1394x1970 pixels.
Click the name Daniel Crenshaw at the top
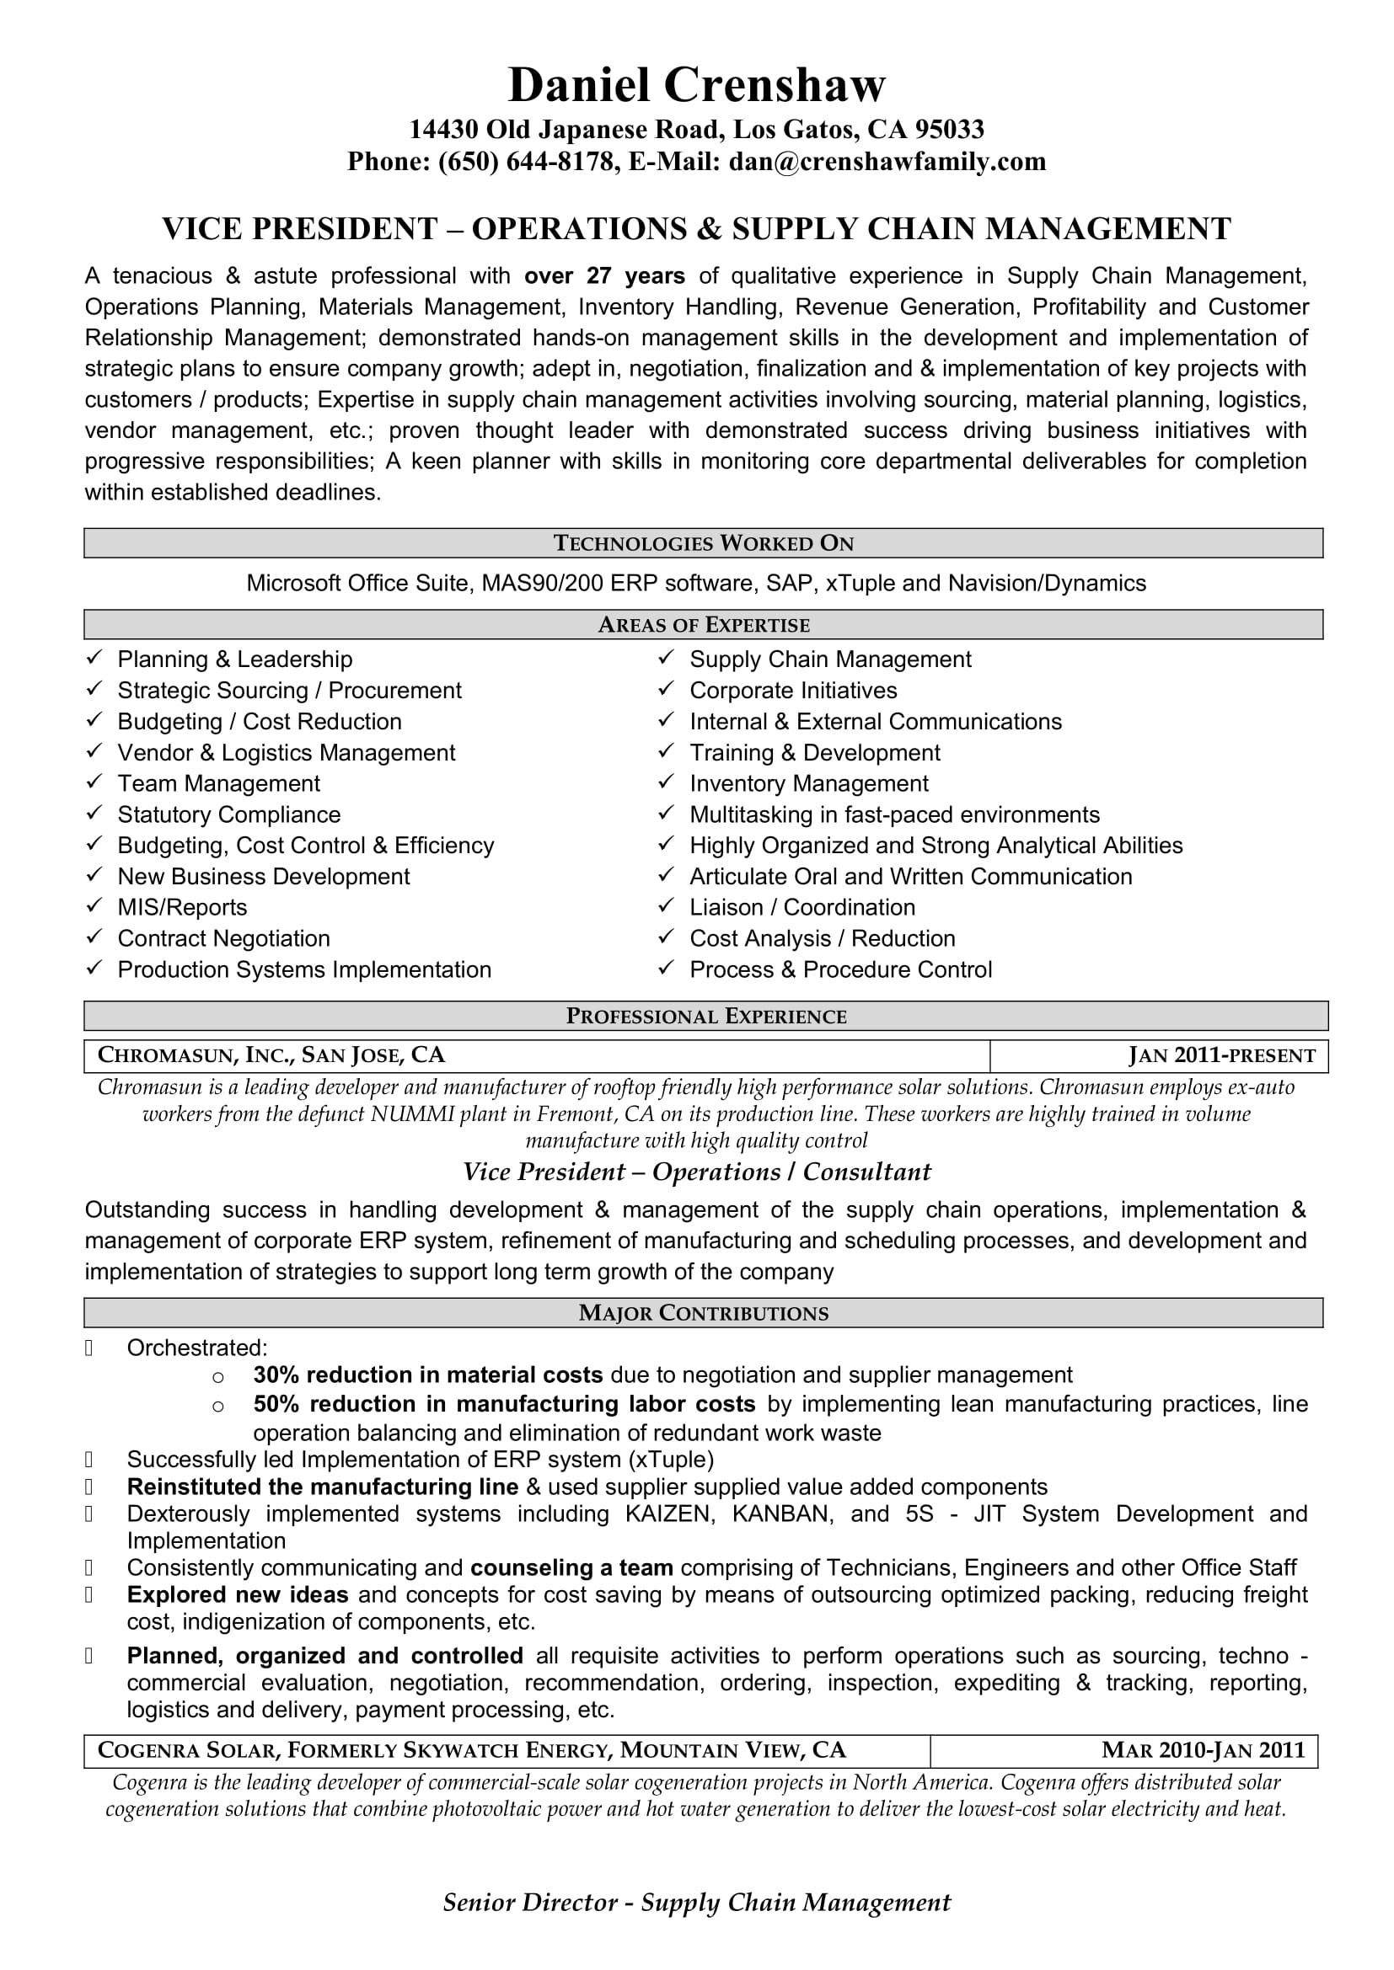pos(696,85)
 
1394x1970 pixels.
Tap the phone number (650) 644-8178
pos(527,162)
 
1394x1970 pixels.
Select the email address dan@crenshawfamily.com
pos(887,162)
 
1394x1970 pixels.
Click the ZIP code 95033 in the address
pos(948,129)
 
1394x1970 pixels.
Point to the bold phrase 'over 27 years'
pos(604,275)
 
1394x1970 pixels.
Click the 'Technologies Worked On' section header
pos(703,543)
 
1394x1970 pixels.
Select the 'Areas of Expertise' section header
pos(703,625)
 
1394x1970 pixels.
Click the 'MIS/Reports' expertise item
pos(182,907)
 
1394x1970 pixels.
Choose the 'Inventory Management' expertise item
pos(808,783)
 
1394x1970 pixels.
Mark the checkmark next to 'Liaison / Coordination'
pos(666,906)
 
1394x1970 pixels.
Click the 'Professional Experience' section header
pos(705,1016)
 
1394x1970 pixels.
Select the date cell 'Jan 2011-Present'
pos(1221,1055)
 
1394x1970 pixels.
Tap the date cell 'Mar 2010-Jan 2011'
pos(1203,1750)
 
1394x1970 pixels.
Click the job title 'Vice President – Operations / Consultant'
pos(696,1172)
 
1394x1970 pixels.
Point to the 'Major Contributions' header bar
pos(703,1313)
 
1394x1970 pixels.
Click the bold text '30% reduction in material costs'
pos(427,1375)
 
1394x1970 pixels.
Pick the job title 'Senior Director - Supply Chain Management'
pos(696,1903)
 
